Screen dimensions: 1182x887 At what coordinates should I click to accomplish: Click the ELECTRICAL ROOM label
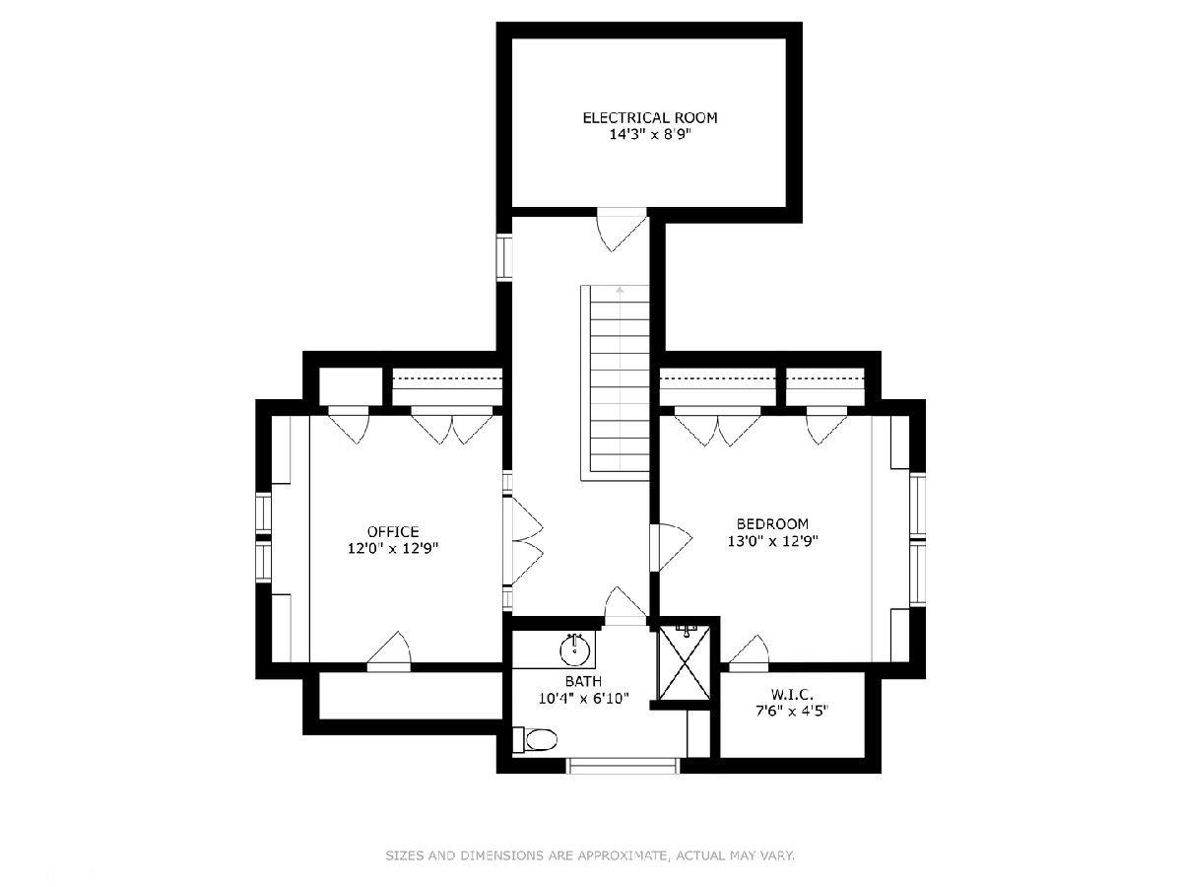(650, 118)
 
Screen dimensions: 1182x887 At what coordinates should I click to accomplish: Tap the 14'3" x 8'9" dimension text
(650, 135)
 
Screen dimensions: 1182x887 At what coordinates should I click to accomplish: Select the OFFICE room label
(393, 531)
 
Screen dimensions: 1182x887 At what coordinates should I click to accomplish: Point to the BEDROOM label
(773, 523)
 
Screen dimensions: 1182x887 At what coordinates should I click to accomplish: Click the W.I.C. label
(792, 694)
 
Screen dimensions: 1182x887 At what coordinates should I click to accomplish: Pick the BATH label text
(584, 681)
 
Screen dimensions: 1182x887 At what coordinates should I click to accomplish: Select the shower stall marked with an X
(685, 662)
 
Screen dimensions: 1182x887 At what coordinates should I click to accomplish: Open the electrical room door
(622, 229)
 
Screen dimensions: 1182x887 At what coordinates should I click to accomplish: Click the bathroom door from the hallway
(625, 606)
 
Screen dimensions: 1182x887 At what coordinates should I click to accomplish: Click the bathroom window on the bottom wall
(624, 766)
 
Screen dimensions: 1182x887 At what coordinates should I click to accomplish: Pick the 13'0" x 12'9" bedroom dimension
(773, 541)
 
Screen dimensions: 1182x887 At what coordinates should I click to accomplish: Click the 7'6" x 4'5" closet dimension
(792, 711)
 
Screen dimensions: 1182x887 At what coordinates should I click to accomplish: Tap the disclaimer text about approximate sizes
(590, 854)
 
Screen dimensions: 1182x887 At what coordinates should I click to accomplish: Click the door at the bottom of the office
(389, 652)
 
